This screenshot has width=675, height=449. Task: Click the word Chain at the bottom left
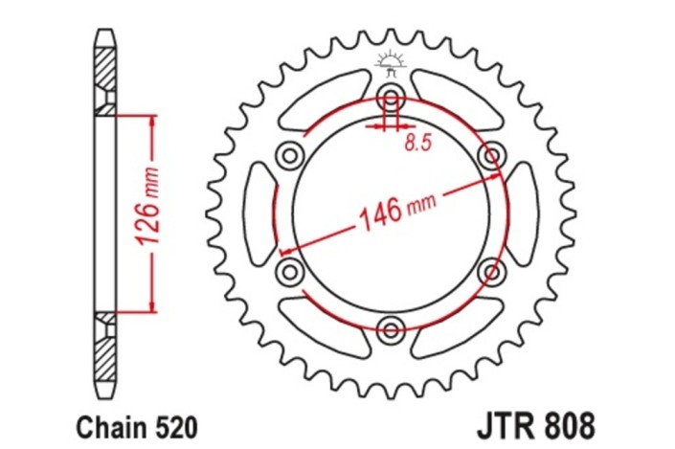pos(108,423)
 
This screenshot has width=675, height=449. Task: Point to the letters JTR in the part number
pos(502,422)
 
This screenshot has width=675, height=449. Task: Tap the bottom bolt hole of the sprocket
pos(391,331)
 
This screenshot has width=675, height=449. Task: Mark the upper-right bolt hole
pos(492,155)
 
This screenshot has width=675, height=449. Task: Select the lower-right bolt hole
pos(492,273)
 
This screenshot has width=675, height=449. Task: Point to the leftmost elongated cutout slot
pos(259,214)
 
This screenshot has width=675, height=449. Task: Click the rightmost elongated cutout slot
pos(522,214)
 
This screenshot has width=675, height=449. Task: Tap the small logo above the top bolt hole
pos(390,65)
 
